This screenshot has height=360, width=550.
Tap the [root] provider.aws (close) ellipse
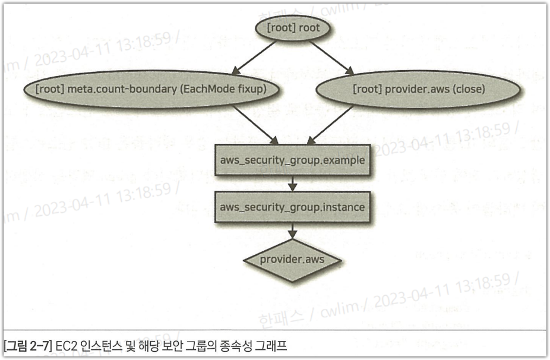(419, 90)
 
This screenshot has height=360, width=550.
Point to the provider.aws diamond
(292, 260)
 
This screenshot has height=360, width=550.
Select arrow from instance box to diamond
(292, 231)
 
